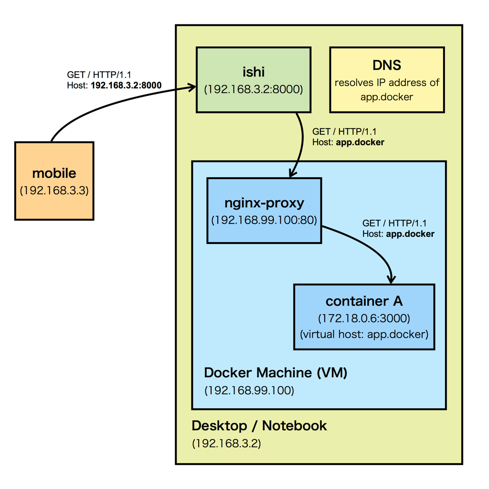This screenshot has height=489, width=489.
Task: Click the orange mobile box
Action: coord(54,181)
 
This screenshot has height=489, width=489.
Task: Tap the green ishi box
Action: coord(254,80)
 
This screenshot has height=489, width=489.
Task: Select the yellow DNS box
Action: coord(387,80)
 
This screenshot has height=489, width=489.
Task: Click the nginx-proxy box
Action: coord(264,211)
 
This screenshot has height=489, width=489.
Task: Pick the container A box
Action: coord(364,317)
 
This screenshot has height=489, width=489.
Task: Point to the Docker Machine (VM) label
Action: coord(276,372)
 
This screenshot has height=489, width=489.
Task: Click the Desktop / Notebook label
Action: coord(259,425)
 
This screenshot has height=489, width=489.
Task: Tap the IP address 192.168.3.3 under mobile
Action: coord(54,191)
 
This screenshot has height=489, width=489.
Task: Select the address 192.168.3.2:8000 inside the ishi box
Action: coord(254,89)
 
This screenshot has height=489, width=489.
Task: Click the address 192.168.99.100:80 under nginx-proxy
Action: coord(264,220)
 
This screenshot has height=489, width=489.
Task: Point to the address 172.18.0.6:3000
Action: coord(364,318)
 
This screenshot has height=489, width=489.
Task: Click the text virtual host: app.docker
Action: coord(364,334)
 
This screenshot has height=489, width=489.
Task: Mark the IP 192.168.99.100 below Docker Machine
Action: coord(249,390)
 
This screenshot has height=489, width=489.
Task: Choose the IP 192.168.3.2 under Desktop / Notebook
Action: coord(226,443)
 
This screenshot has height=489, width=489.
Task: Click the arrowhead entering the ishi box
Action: coord(192,87)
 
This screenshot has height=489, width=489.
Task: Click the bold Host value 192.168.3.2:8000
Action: coord(126,85)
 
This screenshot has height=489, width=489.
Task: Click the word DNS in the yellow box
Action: coord(387,65)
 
